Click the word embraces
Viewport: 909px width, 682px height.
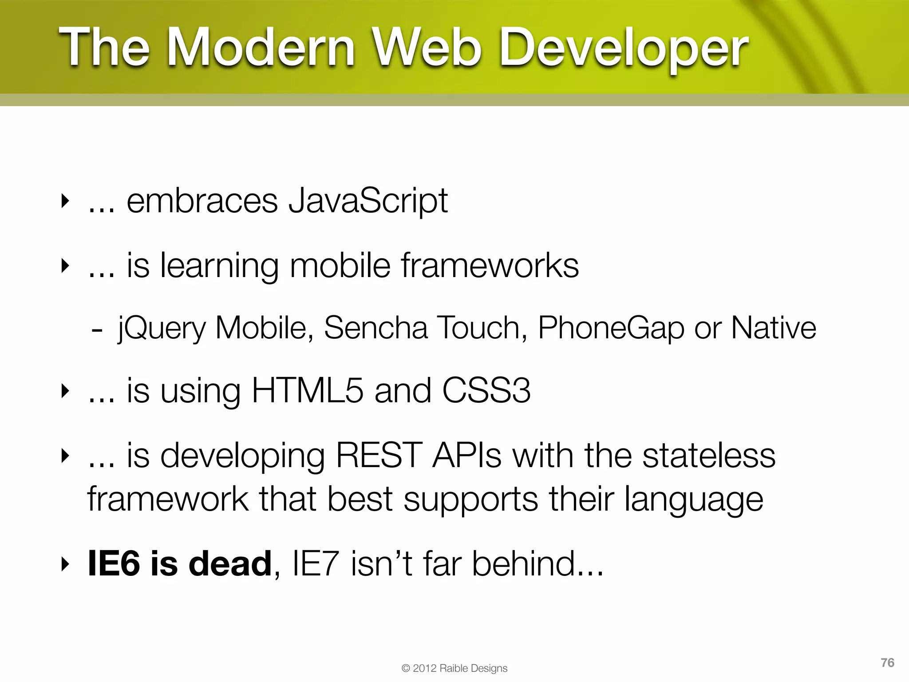[x=202, y=201]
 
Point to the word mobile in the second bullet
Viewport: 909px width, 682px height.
[x=340, y=266]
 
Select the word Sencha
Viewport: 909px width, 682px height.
[x=375, y=328]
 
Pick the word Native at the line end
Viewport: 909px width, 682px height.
[x=773, y=328]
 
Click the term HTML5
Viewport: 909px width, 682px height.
[x=307, y=391]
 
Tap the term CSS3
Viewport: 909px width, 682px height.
[x=486, y=391]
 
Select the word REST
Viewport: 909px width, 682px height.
[x=379, y=456]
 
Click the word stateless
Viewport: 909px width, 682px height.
[x=709, y=456]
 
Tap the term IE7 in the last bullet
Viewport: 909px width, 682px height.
[x=316, y=564]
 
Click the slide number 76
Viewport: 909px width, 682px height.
[x=887, y=662]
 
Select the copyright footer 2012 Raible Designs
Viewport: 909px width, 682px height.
[x=454, y=668]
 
